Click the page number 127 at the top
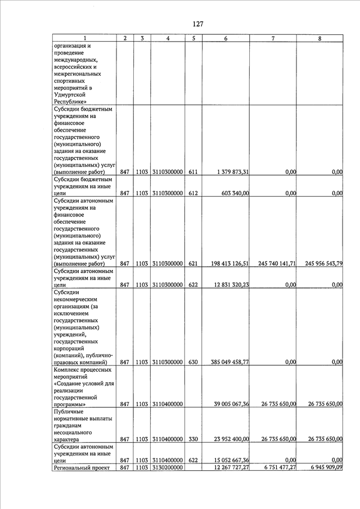[197, 24]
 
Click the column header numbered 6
[226, 38]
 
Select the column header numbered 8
[319, 38]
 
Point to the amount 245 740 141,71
[273, 263]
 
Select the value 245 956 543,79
[320, 263]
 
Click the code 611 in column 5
[193, 172]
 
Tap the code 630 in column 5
[193, 362]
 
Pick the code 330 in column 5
[193, 439]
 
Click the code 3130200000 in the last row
[168, 467]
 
